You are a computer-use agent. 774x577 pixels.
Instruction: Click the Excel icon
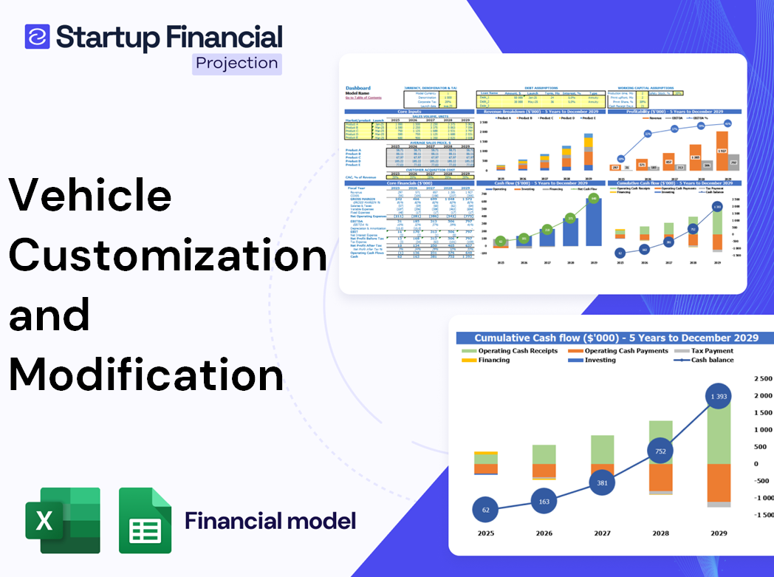[63, 520]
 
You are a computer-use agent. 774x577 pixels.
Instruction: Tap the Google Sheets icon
[145, 520]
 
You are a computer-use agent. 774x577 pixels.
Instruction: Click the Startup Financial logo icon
[37, 36]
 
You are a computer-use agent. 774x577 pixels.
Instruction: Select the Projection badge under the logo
[236, 63]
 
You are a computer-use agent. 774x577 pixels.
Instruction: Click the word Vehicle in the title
[90, 196]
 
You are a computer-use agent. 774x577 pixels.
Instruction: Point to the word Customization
[168, 255]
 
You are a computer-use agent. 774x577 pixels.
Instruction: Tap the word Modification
[146, 373]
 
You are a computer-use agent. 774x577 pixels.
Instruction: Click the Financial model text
[270, 521]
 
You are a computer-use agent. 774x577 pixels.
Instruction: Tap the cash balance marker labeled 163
[544, 501]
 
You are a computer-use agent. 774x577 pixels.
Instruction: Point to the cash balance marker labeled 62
[484, 509]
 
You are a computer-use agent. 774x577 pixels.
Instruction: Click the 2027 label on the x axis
[603, 533]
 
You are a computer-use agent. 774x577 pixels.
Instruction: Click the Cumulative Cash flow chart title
[616, 338]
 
